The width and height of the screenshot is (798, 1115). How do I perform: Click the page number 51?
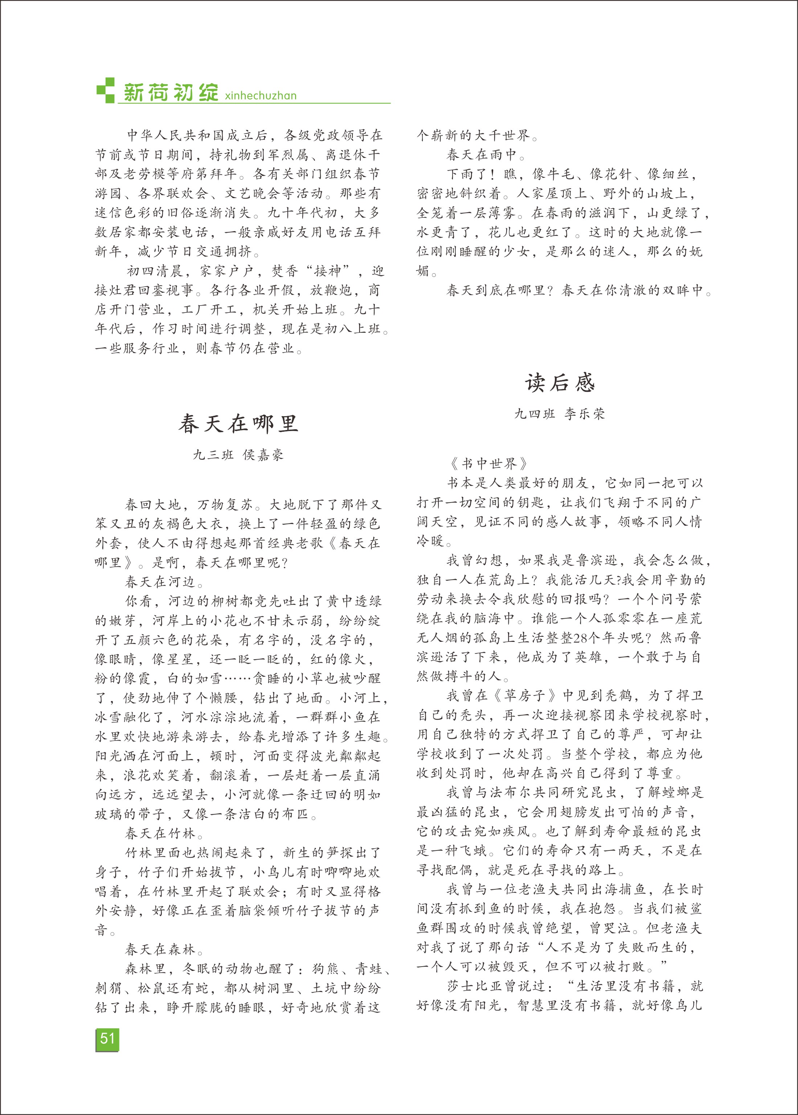click(107, 1038)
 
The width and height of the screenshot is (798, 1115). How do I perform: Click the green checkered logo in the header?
click(105, 90)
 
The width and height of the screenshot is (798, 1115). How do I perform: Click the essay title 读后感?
click(560, 383)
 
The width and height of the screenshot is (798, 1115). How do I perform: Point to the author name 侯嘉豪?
click(263, 455)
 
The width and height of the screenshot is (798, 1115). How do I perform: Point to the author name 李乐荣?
click(585, 414)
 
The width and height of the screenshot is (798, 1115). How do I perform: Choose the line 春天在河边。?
click(164, 582)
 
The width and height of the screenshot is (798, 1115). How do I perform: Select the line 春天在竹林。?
click(164, 833)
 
